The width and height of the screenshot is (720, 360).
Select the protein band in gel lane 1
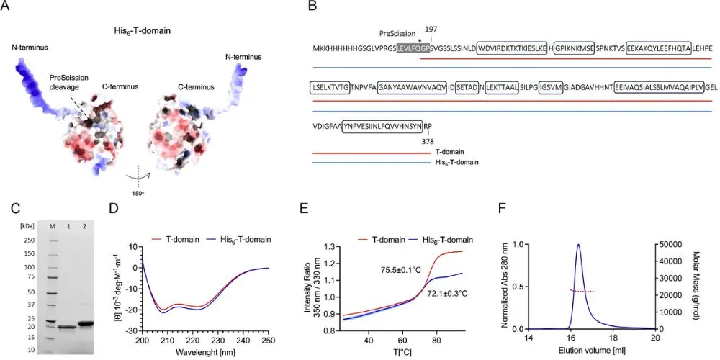[66, 328]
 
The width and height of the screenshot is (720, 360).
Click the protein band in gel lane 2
[86, 323]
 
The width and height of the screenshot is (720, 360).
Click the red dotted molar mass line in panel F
[582, 291]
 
